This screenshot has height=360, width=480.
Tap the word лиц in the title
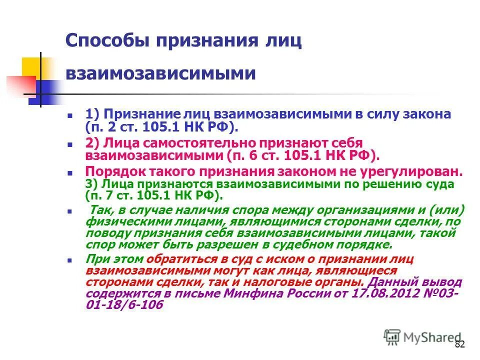[285, 40]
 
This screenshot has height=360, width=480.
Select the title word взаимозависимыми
[160, 73]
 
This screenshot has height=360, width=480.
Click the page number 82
[460, 344]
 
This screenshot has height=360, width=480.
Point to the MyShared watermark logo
[423, 337]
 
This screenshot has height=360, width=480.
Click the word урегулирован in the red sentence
[419, 171]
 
